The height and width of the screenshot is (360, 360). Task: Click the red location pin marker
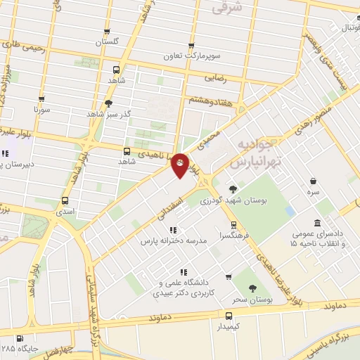pos(181,165)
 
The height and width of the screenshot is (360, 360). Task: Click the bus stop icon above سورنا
pos(42,99)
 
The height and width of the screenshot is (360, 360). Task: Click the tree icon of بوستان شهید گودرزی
pos(232,189)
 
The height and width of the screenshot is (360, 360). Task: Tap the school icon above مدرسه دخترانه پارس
pos(173,229)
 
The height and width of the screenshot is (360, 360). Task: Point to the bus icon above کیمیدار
pos(229,317)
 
